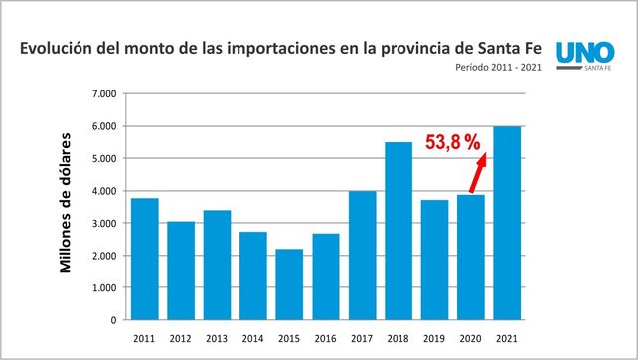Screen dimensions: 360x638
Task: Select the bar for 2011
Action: click(x=144, y=260)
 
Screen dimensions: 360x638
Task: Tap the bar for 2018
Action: click(x=399, y=231)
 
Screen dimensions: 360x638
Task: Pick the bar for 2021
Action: click(x=507, y=223)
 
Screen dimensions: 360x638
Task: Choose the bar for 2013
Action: click(x=217, y=266)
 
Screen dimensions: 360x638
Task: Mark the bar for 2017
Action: click(x=362, y=256)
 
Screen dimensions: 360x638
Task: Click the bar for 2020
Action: click(x=471, y=258)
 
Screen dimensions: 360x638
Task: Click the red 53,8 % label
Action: click(x=452, y=143)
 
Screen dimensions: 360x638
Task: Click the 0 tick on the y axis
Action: click(x=113, y=320)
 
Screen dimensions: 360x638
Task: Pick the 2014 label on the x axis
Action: click(x=252, y=338)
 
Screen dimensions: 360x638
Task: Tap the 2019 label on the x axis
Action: click(x=434, y=338)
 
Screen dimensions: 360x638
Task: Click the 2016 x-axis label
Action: click(x=325, y=338)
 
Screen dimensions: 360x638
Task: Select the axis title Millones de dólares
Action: click(x=67, y=202)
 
